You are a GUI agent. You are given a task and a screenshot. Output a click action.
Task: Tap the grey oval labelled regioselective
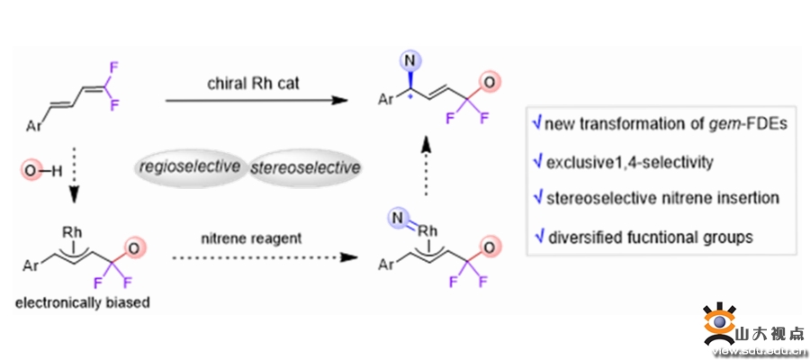coord(190,167)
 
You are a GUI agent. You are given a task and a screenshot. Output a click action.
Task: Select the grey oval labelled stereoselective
coord(305,167)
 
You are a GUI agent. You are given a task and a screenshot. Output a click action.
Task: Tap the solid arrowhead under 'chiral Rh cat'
coord(337,100)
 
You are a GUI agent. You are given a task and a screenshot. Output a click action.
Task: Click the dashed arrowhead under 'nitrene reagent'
coord(340,257)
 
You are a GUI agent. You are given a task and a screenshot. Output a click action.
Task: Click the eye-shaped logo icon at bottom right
coord(718,324)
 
